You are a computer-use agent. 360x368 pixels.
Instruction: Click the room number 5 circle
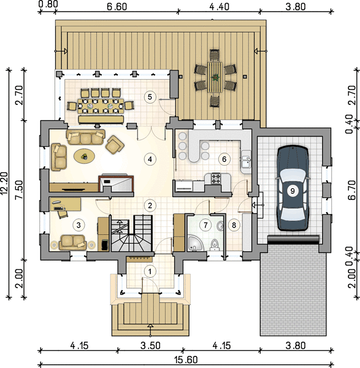tap(150, 97)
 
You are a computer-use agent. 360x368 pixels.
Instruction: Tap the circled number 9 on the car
tap(293, 191)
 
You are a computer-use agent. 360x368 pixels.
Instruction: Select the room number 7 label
tap(205, 225)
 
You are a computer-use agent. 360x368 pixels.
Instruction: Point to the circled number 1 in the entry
tap(150, 272)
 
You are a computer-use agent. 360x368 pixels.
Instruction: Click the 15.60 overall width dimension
tap(186, 359)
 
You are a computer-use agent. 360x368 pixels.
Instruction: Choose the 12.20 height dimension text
tap(4, 183)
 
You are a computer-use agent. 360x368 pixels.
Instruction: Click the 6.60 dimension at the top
tap(117, 7)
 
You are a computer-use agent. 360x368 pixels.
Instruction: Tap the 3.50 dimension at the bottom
tap(150, 345)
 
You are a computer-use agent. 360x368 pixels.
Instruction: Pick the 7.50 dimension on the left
tap(19, 190)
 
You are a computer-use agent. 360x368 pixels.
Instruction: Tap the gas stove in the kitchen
tap(216, 178)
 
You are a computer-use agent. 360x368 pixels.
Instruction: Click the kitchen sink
tap(245, 162)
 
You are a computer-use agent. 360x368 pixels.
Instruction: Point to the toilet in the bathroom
tap(214, 244)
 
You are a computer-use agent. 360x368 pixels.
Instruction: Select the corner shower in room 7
tap(194, 243)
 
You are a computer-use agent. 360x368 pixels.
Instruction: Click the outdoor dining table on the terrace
tap(215, 77)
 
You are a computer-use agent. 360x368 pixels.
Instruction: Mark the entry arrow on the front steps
tap(150, 330)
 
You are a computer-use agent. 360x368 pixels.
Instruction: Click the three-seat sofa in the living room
tap(86, 137)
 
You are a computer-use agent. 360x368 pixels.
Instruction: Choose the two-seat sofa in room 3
tap(72, 242)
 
